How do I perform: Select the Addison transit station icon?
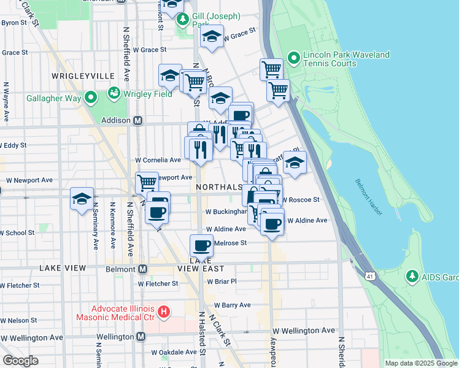click(139, 121)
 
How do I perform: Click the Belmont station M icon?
click(143, 269)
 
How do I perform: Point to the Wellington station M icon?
click(141, 337)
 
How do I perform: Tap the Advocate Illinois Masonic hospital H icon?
click(164, 312)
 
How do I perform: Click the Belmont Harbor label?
click(368, 197)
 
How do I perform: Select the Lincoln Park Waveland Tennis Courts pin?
click(294, 59)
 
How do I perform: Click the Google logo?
click(20, 361)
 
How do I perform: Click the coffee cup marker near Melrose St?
click(202, 247)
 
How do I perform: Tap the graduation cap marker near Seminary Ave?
click(82, 199)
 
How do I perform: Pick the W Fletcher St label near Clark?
click(158, 283)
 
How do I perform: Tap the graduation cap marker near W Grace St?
click(212, 38)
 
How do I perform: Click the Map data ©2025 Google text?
click(420, 363)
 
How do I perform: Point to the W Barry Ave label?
click(232, 305)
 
